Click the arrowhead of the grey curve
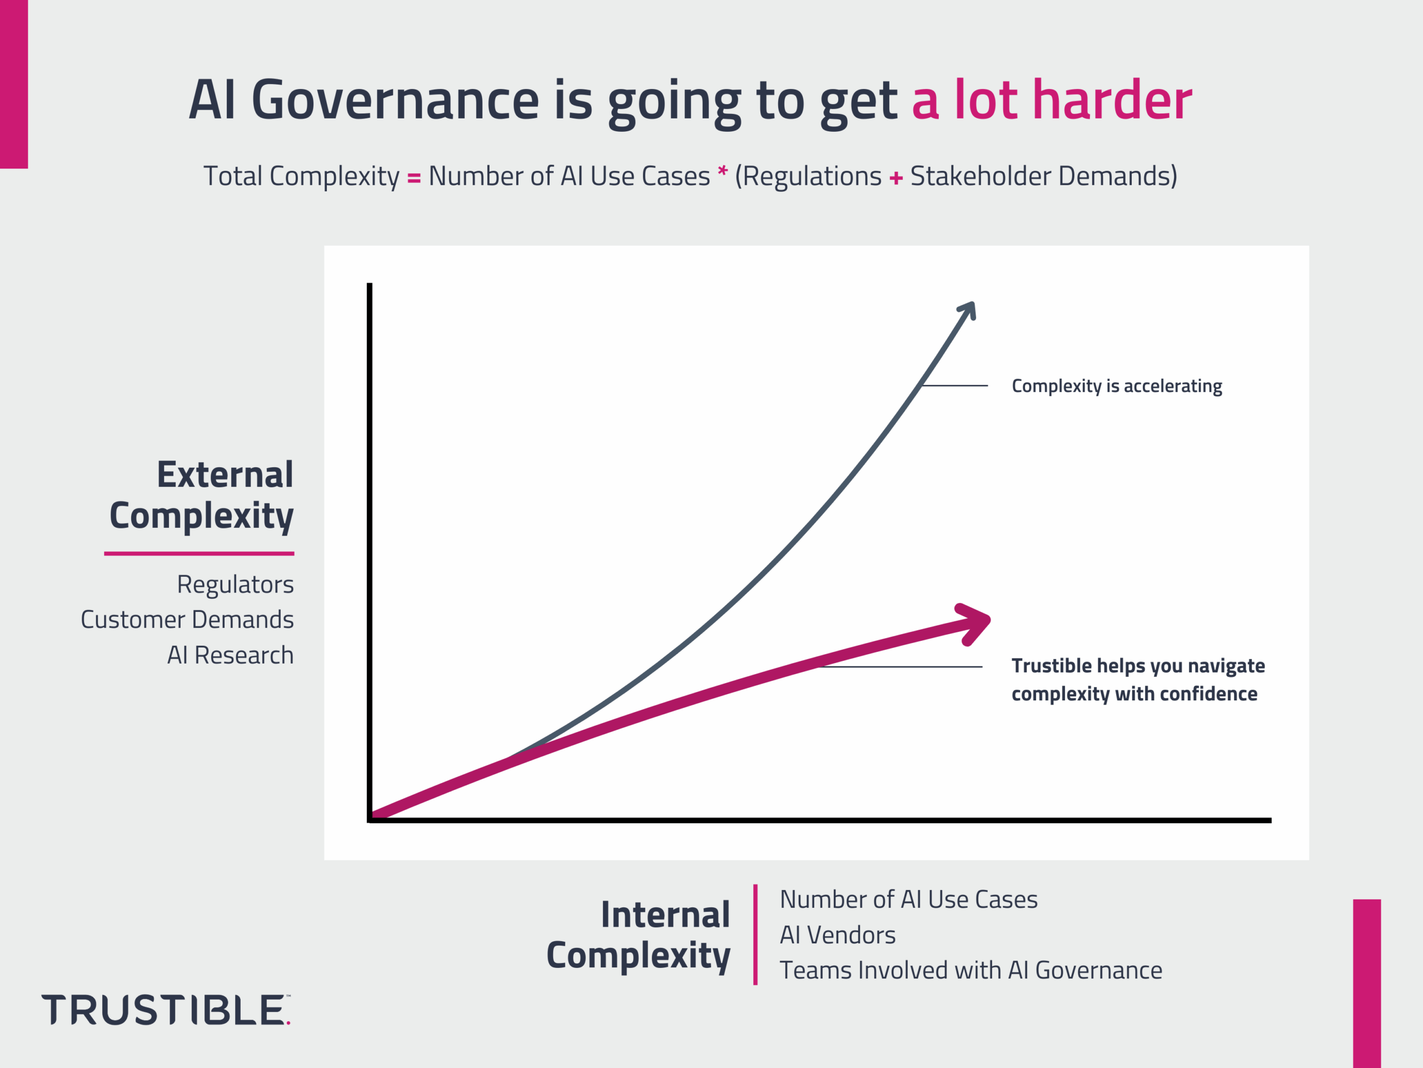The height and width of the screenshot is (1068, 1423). point(969,310)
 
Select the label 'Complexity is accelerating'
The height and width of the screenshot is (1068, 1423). point(1116,386)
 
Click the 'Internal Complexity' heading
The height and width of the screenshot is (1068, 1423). point(638,934)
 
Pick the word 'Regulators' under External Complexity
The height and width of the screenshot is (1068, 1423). point(235,585)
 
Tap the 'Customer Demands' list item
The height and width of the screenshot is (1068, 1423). point(187,620)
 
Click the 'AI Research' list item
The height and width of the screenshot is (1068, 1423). point(230,655)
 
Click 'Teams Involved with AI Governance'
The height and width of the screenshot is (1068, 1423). point(970,971)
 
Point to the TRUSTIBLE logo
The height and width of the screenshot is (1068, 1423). point(165,1010)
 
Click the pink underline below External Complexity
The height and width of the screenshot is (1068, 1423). point(199,553)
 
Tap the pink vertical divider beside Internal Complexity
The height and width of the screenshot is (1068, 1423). point(755,934)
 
